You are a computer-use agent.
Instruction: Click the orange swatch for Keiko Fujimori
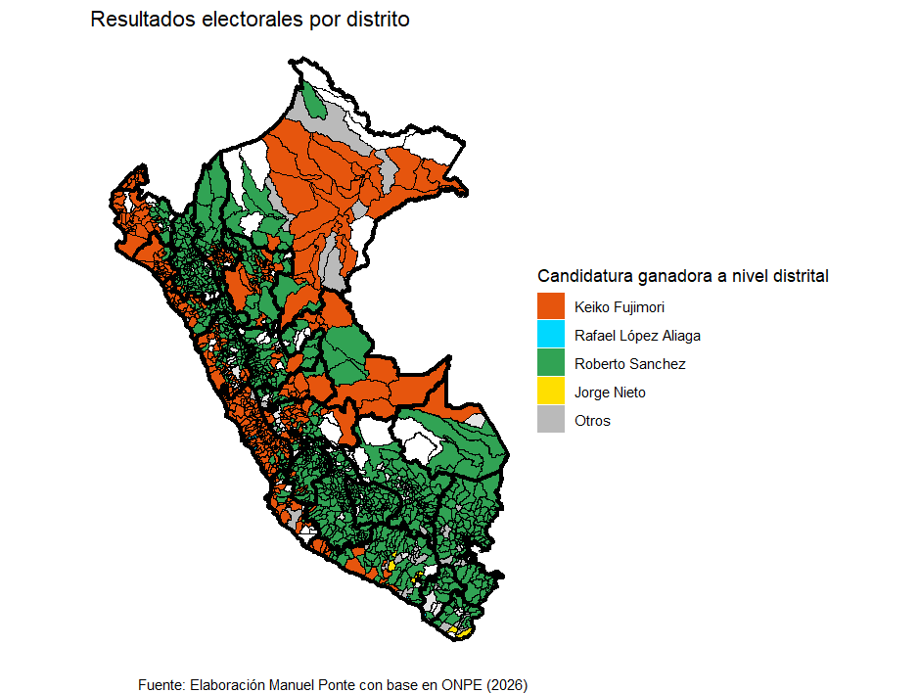(551, 306)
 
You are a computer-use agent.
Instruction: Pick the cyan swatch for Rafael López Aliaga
(551, 335)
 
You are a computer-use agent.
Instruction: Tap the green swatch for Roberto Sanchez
(551, 363)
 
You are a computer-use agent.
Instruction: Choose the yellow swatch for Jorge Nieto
(551, 393)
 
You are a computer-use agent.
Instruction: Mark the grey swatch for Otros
(551, 421)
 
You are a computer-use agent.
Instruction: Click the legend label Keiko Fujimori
(620, 306)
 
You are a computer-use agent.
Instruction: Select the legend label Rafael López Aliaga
(637, 335)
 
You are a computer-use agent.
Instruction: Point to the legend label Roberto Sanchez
(629, 364)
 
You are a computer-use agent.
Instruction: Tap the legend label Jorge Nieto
(610, 393)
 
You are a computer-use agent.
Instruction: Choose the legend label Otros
(592, 421)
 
